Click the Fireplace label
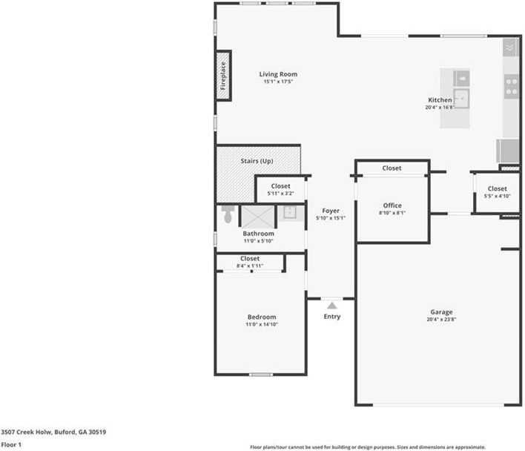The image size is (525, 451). point(223,74)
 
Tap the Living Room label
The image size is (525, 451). point(278,74)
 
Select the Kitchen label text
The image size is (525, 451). point(440,100)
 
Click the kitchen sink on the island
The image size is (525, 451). point(461,97)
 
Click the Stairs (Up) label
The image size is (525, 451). point(257,161)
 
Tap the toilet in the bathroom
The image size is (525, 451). point(228,215)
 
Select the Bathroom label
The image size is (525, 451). point(259,234)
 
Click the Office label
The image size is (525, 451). point(392,205)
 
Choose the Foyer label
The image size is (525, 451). point(331,211)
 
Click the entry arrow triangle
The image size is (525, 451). point(332,305)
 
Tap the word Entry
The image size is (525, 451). point(332,317)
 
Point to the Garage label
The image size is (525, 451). point(440,312)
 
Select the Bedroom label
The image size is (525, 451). point(262,317)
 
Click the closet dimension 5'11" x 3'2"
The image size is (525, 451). point(281,194)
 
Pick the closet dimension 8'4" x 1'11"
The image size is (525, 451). point(250,266)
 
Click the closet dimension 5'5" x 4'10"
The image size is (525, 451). point(497,197)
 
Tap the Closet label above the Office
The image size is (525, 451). point(392,168)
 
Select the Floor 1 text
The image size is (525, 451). point(11,444)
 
